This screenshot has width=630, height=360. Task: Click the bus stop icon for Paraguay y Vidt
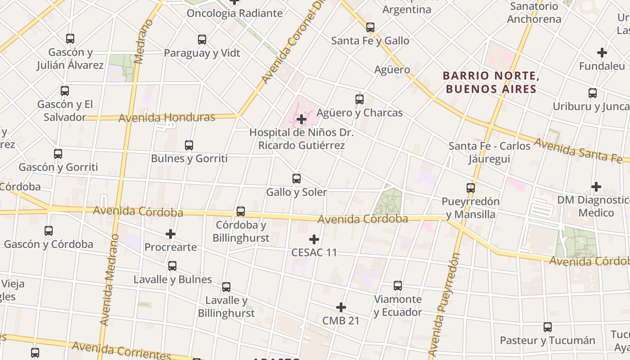(202, 40)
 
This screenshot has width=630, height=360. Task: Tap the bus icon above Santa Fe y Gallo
(370, 27)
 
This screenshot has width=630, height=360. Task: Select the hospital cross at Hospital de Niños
(301, 119)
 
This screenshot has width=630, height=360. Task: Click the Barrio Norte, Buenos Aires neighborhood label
(491, 82)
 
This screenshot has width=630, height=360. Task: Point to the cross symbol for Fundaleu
(602, 53)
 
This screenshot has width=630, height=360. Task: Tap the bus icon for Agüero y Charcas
(360, 99)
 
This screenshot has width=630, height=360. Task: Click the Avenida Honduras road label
(167, 118)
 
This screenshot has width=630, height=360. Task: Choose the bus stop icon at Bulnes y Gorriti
(189, 145)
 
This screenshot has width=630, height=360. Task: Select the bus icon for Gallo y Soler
(297, 179)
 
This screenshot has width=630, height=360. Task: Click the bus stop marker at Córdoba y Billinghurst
(241, 211)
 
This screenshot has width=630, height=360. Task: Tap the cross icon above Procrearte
(171, 234)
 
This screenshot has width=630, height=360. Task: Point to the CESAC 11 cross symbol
(314, 239)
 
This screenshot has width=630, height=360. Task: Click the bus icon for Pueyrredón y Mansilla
(471, 188)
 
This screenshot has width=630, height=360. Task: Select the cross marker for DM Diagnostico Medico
(596, 186)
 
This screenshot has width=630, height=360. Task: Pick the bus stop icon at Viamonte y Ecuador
(398, 286)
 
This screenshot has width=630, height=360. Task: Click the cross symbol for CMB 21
(341, 307)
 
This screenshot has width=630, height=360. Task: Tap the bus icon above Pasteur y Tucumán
(548, 327)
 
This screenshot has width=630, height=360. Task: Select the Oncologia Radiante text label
(234, 13)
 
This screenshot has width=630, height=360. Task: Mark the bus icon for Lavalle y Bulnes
(172, 266)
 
